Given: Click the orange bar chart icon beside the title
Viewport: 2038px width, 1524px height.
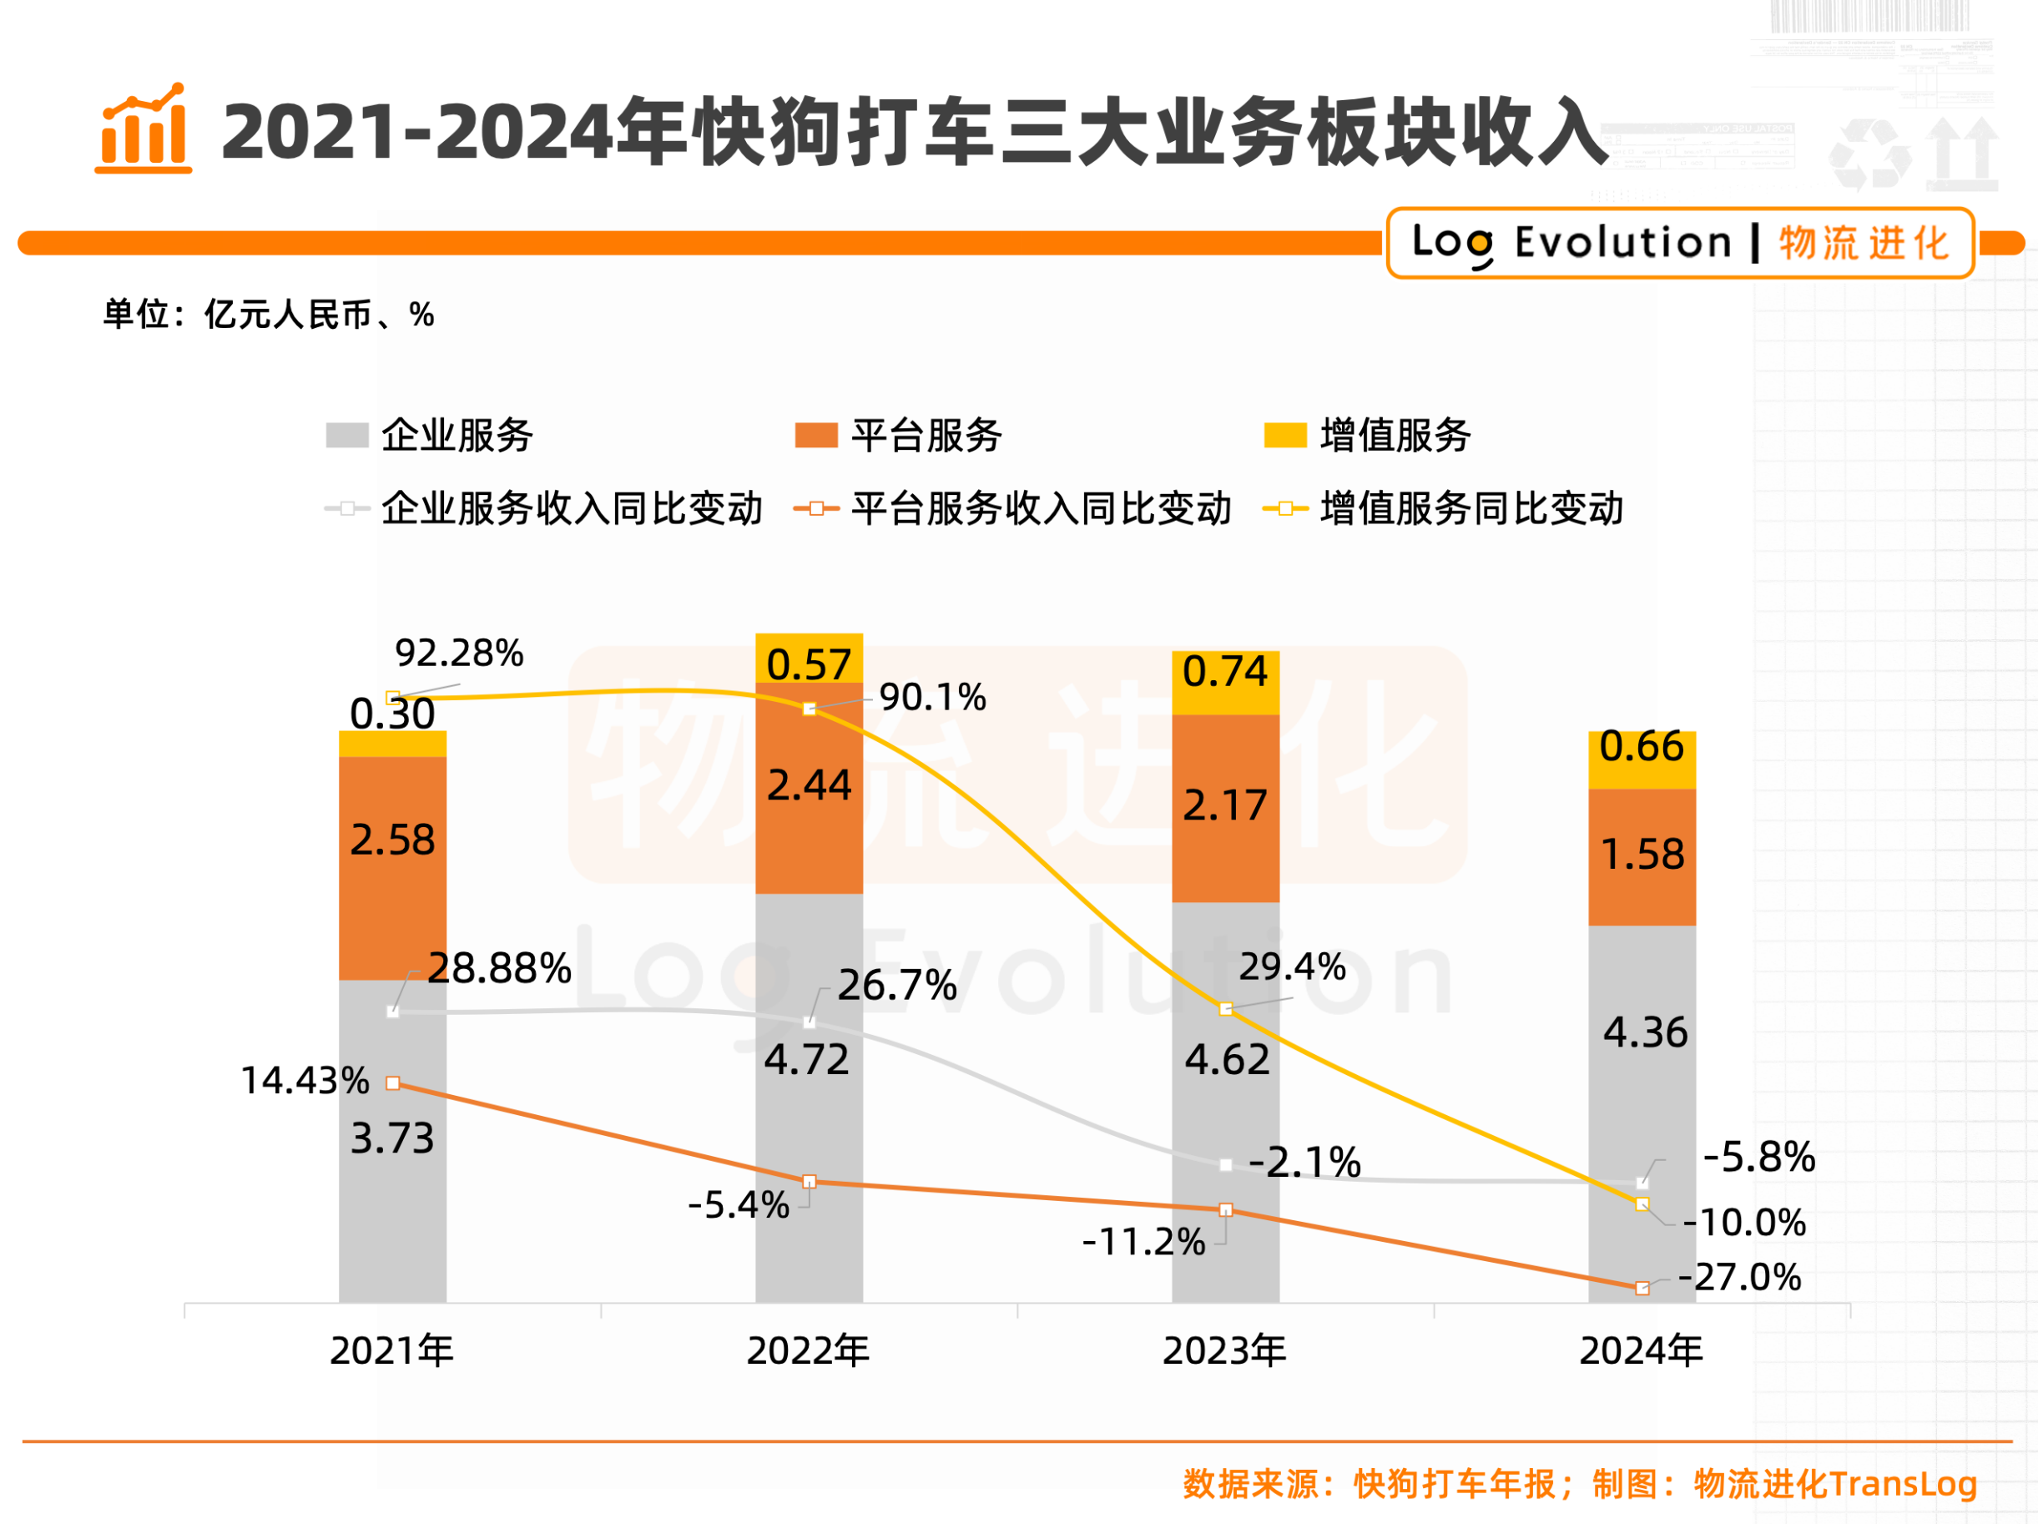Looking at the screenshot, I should (144, 130).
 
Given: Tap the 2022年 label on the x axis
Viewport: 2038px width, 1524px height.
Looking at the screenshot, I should (808, 1350).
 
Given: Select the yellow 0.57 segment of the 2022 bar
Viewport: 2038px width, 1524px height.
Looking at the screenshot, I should (809, 659).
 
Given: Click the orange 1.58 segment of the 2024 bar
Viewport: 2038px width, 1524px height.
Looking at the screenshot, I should (1642, 857).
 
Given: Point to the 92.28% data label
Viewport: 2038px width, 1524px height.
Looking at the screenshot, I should (459, 654).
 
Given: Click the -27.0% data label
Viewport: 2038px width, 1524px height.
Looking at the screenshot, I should (1739, 1277).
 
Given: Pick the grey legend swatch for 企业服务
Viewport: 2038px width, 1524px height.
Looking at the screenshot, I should (347, 435).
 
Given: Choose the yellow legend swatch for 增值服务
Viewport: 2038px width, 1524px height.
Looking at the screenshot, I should (1284, 435).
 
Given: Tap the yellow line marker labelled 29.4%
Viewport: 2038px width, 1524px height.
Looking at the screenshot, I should (1225, 1009).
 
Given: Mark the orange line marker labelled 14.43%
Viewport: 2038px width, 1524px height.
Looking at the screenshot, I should (393, 1082).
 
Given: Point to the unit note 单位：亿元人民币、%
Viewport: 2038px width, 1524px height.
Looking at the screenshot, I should (268, 314).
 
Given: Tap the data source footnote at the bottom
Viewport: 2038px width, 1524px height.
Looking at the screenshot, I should (1579, 1483).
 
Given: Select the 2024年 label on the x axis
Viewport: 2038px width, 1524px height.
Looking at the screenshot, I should (1641, 1350).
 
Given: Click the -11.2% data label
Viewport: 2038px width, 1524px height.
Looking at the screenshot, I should (1143, 1242).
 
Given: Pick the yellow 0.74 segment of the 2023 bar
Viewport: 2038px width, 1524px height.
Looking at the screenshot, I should (1225, 682).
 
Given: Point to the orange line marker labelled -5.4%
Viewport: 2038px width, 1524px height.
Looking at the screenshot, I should (809, 1181).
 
